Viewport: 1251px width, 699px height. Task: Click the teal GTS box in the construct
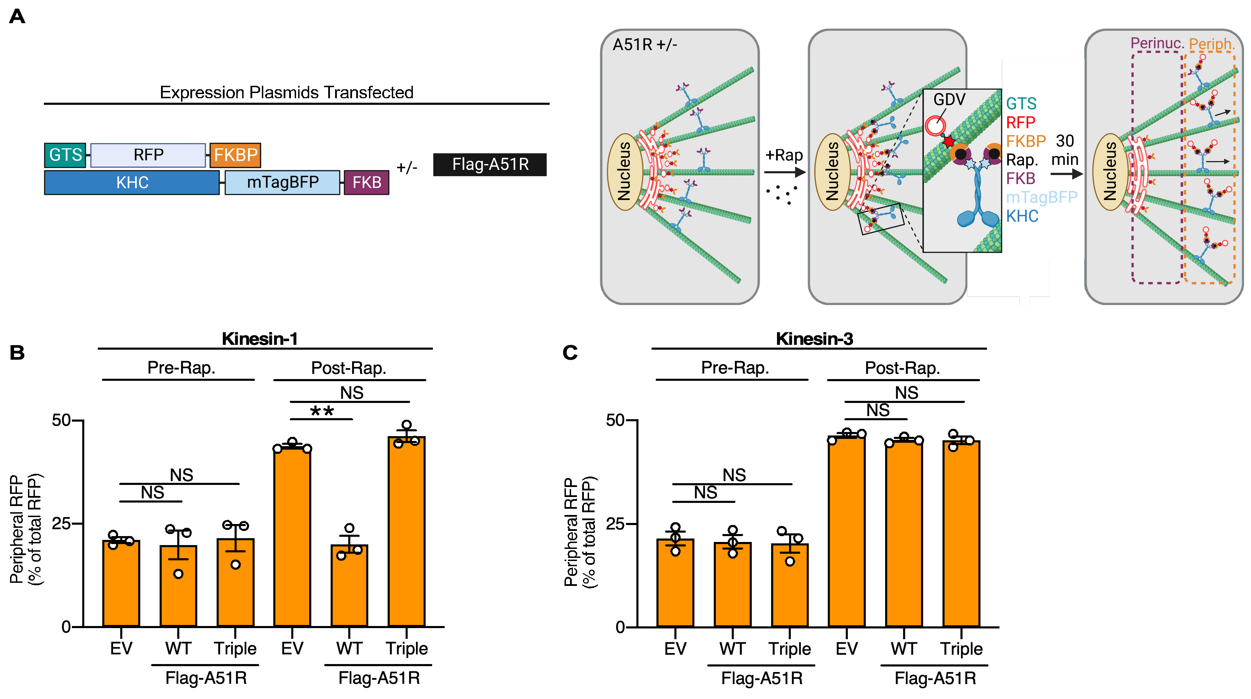point(65,155)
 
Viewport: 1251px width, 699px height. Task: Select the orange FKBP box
point(236,155)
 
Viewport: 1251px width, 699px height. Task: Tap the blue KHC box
point(132,183)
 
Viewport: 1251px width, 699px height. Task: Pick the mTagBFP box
point(282,183)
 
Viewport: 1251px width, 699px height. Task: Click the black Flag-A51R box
point(490,164)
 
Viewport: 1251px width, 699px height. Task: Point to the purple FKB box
point(367,183)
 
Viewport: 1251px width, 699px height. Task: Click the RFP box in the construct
point(148,155)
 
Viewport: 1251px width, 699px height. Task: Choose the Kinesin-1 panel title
point(259,339)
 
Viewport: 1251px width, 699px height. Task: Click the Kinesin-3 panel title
point(814,339)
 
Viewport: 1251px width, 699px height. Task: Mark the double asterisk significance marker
point(322,411)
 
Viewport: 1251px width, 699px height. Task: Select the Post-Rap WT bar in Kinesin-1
point(349,586)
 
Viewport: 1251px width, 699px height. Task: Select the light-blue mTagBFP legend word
point(1041,197)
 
